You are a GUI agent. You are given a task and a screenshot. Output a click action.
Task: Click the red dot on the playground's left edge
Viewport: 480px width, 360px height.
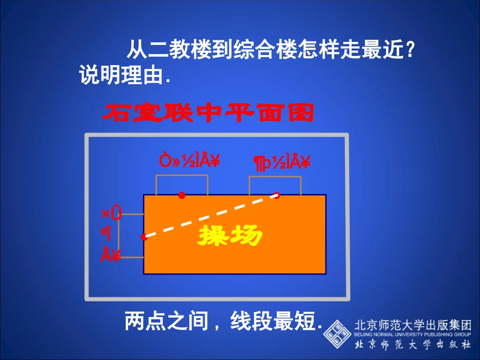pyautogui.click(x=144, y=236)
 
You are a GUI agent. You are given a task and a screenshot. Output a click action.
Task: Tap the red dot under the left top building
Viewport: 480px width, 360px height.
pyautogui.click(x=182, y=195)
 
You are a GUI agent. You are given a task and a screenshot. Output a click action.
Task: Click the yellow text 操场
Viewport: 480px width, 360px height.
pyautogui.click(x=230, y=235)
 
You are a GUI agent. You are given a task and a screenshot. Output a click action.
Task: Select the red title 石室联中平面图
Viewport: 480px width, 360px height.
pyautogui.click(x=208, y=113)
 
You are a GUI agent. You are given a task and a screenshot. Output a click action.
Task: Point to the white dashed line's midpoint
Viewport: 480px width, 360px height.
pyautogui.click(x=210, y=215)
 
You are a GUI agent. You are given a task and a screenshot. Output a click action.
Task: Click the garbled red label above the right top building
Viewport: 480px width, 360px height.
pyautogui.click(x=281, y=162)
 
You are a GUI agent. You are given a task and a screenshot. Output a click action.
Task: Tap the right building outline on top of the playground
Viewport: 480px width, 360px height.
pyautogui.click(x=275, y=185)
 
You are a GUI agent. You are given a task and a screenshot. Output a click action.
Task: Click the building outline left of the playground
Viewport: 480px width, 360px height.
pyautogui.click(x=130, y=236)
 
